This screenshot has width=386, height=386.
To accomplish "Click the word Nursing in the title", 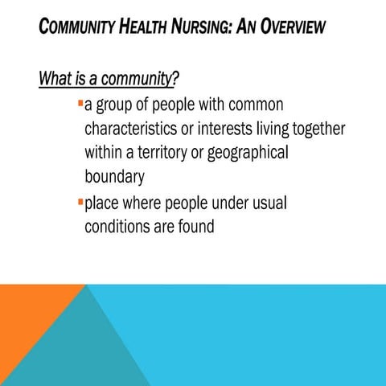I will pyautogui.click(x=207, y=27).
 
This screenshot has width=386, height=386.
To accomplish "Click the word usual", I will pyautogui.click(x=265, y=203).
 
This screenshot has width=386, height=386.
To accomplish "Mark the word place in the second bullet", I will pyautogui.click(x=102, y=203).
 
